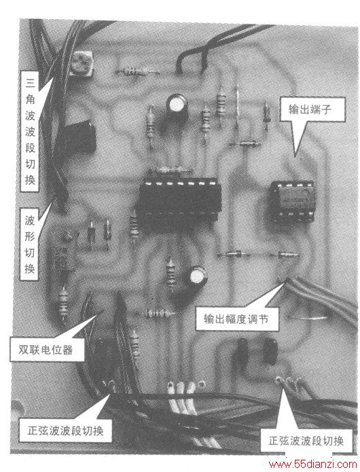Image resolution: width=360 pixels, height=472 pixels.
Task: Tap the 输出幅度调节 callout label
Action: (236, 319)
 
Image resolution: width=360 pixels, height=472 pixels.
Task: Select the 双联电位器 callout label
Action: (46, 350)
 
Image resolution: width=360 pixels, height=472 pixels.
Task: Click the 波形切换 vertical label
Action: (29, 244)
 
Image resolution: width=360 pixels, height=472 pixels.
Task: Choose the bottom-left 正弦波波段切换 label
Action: (65, 431)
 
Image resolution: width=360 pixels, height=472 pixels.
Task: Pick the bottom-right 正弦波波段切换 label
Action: (306, 441)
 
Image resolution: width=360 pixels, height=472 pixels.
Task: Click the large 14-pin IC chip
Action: (178, 200)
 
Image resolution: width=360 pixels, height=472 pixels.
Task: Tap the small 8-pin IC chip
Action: (292, 202)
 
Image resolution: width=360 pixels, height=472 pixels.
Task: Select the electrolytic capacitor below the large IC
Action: (196, 279)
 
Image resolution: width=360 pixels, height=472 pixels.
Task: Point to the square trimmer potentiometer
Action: (82, 63)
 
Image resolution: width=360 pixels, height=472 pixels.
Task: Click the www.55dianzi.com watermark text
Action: (312, 464)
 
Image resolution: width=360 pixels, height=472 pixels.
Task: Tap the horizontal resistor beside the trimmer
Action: (137, 72)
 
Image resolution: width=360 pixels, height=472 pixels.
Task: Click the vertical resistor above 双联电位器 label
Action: (64, 302)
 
